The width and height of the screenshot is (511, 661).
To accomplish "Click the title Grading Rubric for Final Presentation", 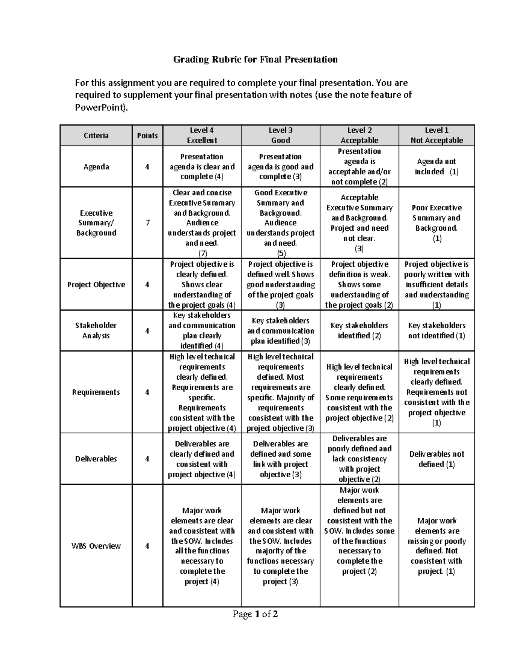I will pos(255,59).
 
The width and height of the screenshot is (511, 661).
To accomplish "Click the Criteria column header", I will pos(96,135).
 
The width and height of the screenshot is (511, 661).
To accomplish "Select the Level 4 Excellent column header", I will pos(202,135).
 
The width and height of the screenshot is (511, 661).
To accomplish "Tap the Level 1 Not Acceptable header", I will pos(436,135).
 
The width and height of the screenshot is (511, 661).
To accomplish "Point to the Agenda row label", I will pos(96,167).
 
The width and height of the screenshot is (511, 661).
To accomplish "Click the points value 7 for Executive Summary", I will pos(147,223).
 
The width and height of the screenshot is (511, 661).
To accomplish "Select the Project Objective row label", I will pos(96,284).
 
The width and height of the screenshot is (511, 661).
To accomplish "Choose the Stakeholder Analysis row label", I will pos(96,330).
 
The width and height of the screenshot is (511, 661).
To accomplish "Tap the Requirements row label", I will pos(96,392).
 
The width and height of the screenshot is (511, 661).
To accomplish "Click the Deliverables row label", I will pos(96,459).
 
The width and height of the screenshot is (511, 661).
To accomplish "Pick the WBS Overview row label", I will pos(96,546).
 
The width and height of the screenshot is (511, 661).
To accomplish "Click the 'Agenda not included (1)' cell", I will pos(436,166).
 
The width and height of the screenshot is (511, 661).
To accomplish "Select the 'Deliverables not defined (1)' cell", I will pos(436,459).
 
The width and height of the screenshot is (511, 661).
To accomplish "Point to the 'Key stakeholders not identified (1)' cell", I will pos(436,330).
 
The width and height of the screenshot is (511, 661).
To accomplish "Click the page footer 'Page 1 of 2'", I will pos(255,614).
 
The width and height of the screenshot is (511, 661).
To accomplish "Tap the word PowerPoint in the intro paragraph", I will pos(100,107).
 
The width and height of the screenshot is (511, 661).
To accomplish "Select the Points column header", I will pos(147,135).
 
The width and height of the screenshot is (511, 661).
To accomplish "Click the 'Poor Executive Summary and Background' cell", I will pos(436,223).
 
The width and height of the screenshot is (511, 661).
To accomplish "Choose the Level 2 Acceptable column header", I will pos(359,135).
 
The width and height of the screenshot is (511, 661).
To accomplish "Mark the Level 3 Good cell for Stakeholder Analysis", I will pos(280,331).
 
